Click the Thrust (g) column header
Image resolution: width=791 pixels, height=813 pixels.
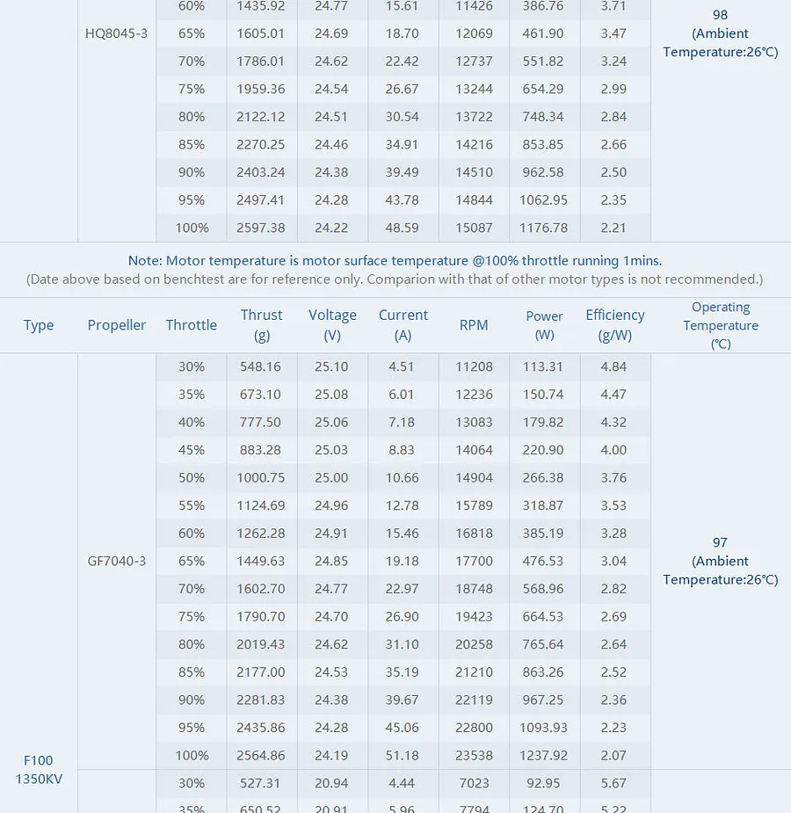click(x=262, y=325)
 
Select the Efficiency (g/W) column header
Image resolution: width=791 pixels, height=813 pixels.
click(x=615, y=325)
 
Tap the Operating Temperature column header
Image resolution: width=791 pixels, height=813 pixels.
click(x=721, y=325)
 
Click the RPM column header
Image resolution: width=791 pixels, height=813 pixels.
click(x=474, y=325)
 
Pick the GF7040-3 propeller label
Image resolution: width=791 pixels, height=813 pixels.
click(x=117, y=561)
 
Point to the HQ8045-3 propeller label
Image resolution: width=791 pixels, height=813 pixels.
click(x=116, y=33)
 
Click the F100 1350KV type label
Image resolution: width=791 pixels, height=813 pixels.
click(x=39, y=769)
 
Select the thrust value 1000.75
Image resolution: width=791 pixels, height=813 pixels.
click(x=261, y=477)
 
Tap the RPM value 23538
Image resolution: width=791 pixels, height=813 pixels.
click(x=474, y=756)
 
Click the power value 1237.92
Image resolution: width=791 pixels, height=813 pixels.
click(x=543, y=756)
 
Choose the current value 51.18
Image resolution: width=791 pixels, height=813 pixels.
click(x=403, y=756)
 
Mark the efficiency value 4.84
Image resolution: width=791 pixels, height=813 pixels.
click(x=613, y=367)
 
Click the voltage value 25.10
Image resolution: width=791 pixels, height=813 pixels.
click(x=331, y=367)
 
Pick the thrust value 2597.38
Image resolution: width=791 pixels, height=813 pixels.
click(x=261, y=228)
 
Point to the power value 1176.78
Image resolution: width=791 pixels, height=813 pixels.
click(x=543, y=228)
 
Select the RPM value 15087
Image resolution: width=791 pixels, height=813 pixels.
click(x=474, y=228)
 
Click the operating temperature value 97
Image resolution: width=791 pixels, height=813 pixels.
click(x=720, y=542)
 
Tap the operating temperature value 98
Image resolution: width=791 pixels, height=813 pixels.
click(x=720, y=15)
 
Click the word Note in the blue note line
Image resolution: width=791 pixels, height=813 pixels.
click(x=145, y=260)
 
